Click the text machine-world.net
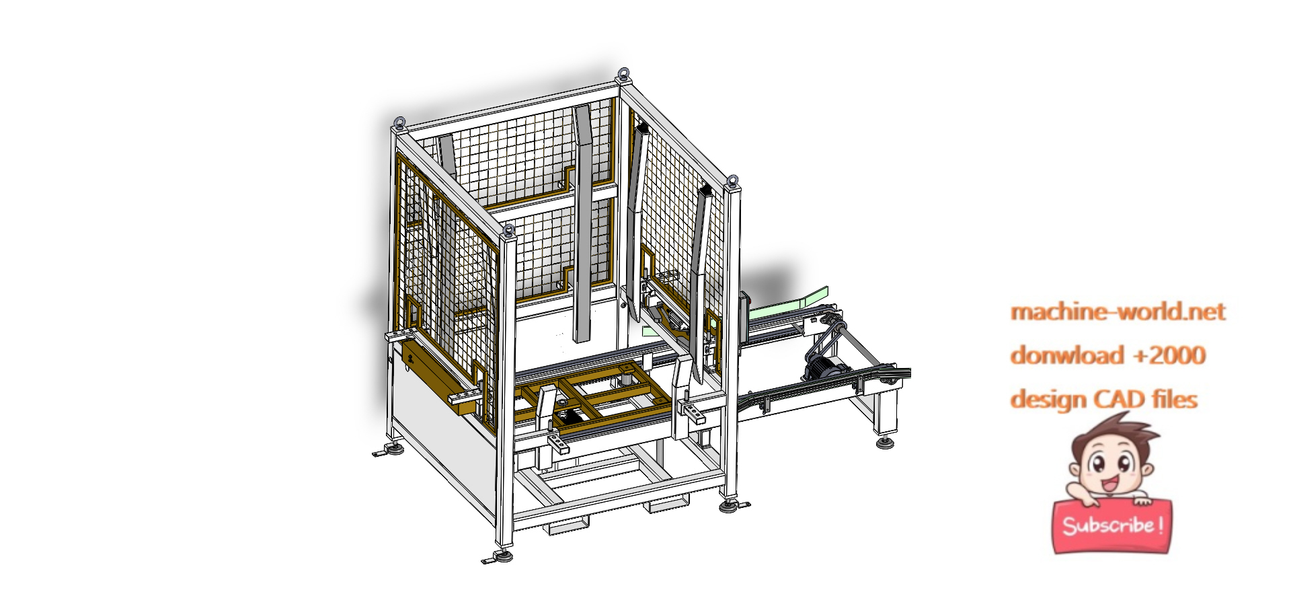pyautogui.click(x=1118, y=311)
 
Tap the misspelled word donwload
pyautogui.click(x=1058, y=355)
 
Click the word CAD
pyautogui.click(x=1120, y=399)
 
